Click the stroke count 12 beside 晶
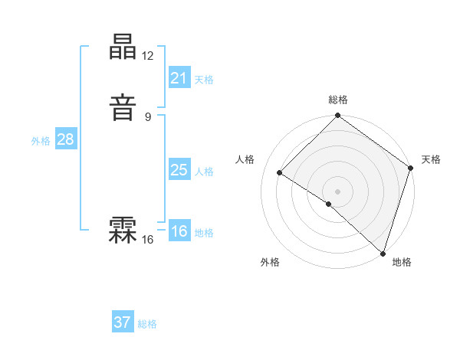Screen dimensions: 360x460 pos(148,56)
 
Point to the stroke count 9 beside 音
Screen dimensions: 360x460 pos(148,117)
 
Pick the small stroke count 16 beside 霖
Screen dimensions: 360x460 pos(148,240)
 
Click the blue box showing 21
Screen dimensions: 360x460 pos(179,78)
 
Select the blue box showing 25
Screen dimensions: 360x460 pos(179,170)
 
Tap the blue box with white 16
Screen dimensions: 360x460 pos(179,231)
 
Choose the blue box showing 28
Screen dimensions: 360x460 pos(65,139)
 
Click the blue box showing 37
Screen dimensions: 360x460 pos(123,322)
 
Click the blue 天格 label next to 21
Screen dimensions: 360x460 pos(204,80)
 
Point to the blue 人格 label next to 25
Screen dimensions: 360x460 pos(204,172)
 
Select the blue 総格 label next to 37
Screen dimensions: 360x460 pos(147,324)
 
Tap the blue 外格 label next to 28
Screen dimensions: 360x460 pos(41,141)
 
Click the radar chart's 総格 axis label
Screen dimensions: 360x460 pos(338,100)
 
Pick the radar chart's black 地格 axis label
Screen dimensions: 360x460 pos(401,262)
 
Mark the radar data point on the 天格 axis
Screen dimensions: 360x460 pos(411,169)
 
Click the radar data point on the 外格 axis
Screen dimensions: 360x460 pos(329,204)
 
